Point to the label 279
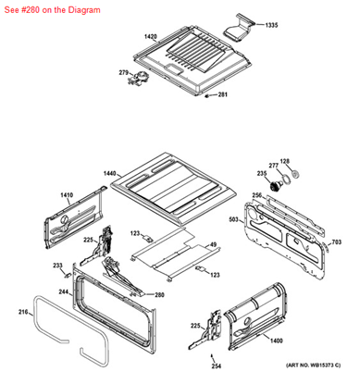click(x=123, y=72)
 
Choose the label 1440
click(x=110, y=174)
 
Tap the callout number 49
click(x=213, y=244)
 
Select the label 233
click(x=56, y=266)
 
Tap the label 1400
click(x=277, y=341)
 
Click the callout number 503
click(x=235, y=220)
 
